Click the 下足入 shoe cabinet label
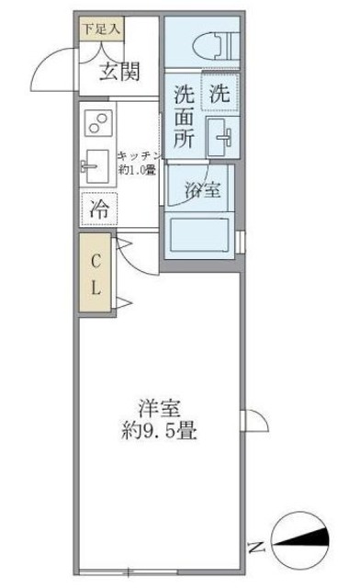coord(99,28)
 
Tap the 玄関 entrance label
coord(119,72)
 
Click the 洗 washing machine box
coord(219,92)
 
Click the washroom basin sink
coord(220,137)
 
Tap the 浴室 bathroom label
coord(201,191)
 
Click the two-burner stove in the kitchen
coord(96,123)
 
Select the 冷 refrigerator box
coord(98,209)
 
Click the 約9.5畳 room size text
coord(157,428)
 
